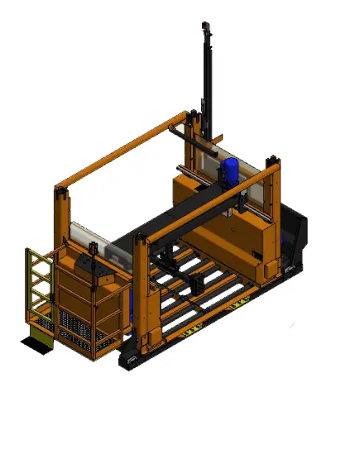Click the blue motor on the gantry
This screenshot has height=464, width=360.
229,171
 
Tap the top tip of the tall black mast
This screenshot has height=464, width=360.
205,27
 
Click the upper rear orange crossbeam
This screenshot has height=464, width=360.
124,149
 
